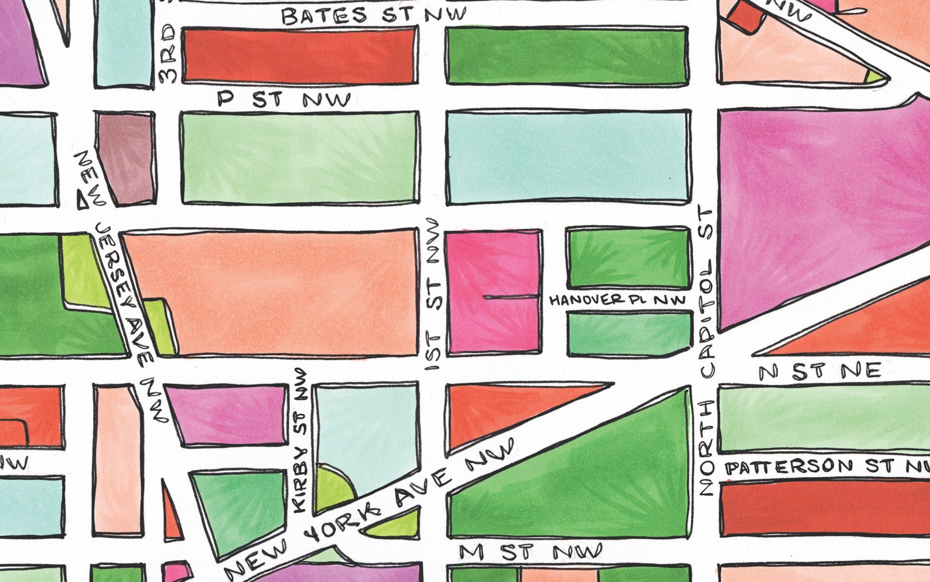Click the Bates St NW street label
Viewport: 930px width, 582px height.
tap(374, 15)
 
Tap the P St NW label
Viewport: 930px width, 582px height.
tap(284, 99)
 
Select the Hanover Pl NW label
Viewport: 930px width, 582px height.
tap(617, 300)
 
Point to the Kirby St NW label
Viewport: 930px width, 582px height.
tap(301, 440)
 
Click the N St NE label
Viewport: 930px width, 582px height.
tap(819, 370)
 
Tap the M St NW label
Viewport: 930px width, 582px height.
tap(530, 552)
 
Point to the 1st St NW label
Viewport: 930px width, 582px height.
tap(433, 293)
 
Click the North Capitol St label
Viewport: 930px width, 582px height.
tap(707, 352)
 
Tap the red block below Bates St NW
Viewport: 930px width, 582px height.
tap(299, 55)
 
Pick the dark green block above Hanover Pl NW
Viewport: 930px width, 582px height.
tap(628, 258)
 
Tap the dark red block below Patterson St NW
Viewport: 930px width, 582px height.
tap(823, 508)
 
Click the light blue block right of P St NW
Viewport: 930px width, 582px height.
tap(567, 156)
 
